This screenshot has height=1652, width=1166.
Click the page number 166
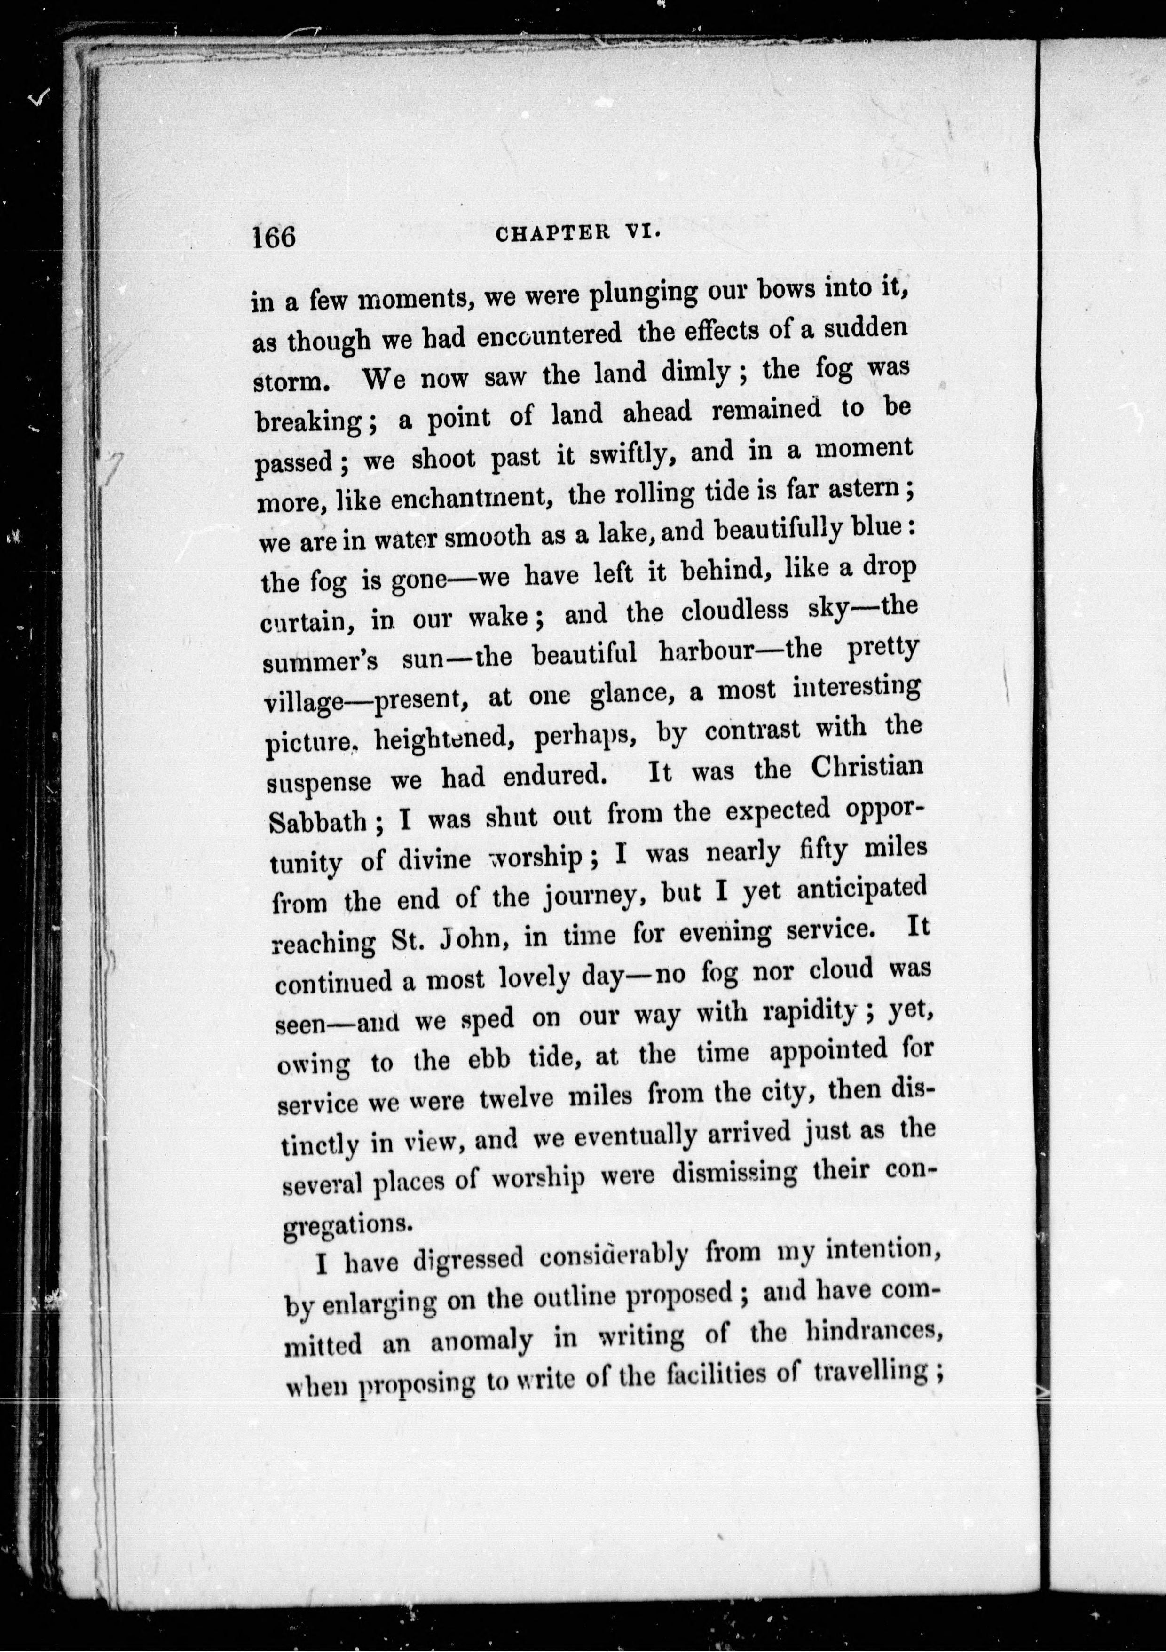coord(274,236)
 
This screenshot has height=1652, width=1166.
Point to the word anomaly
coord(482,1342)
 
